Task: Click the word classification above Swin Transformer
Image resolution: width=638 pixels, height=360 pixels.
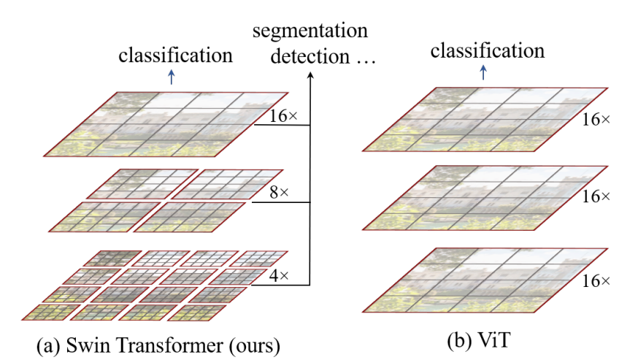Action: pos(177,55)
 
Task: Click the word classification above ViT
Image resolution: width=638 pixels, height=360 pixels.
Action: pos(488,50)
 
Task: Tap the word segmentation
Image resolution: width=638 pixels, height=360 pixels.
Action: pos(310,33)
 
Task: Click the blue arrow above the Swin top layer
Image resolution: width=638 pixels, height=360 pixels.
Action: pos(172,77)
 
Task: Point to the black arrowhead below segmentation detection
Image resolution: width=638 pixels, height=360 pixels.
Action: pos(311,76)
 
